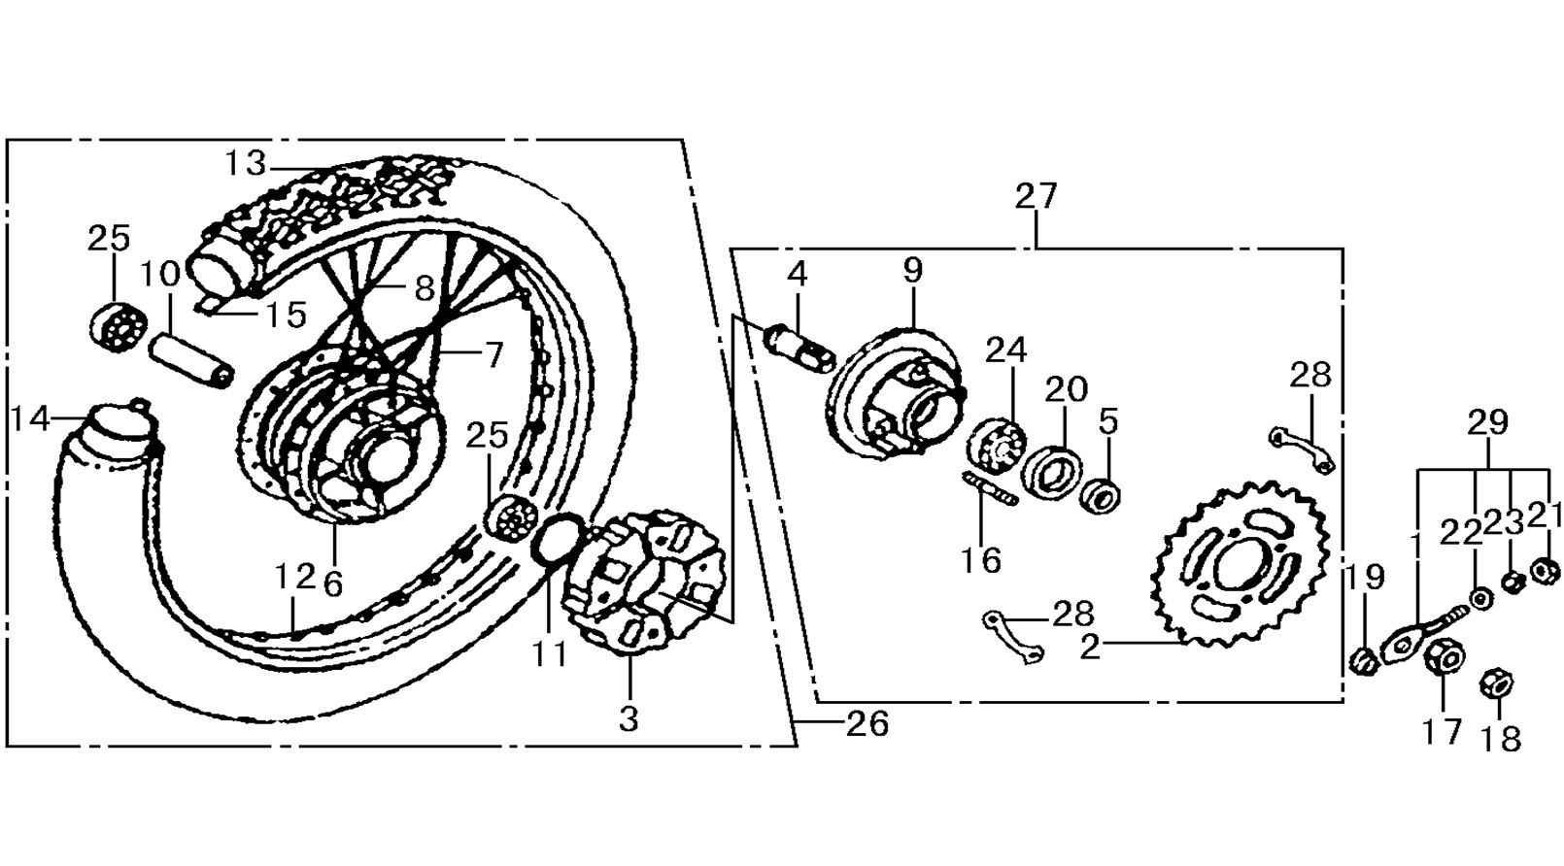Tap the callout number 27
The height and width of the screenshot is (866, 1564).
click(x=1037, y=196)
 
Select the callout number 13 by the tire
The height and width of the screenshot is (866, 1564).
click(x=246, y=164)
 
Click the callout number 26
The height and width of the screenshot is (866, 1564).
click(x=867, y=724)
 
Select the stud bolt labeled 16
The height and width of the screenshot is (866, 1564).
click(x=990, y=488)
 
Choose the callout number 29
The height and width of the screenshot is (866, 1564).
click(x=1487, y=423)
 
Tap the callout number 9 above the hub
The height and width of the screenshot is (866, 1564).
click(x=912, y=270)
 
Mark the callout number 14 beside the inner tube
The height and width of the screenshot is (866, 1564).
click(x=31, y=419)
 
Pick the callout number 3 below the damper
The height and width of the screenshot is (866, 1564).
click(x=629, y=718)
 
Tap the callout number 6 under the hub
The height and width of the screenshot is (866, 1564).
click(x=334, y=583)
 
